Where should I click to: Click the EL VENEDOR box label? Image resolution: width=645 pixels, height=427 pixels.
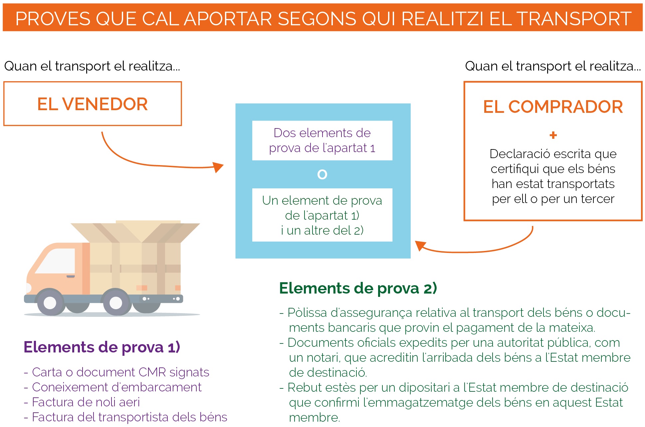coord(92,104)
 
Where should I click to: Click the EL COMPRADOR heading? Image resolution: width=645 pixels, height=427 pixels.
coord(553,107)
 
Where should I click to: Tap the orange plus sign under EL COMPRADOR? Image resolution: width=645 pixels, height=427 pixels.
coord(553,135)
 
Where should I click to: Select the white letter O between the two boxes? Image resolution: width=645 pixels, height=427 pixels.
coord(322,174)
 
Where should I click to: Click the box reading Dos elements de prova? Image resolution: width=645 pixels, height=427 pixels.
coord(322,140)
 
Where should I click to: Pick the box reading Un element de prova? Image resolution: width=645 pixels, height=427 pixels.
coord(322,215)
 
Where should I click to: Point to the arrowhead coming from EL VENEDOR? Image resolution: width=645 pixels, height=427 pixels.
coord(218,167)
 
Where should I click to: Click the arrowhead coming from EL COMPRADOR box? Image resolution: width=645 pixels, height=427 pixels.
coord(420,245)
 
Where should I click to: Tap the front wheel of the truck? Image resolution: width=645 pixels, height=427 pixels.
coord(50,302)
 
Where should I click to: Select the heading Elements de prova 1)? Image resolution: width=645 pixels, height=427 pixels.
coord(102,347)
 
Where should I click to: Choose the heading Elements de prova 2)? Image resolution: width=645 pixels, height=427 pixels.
coord(358,288)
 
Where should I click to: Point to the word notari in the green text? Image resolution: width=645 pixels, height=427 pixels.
coord(323,357)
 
